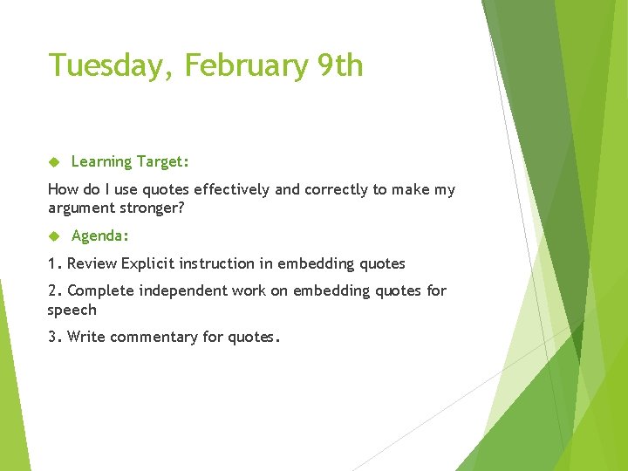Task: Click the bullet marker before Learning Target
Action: (x=53, y=162)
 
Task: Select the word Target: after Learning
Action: (x=163, y=161)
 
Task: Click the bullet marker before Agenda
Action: (x=53, y=236)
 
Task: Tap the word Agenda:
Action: (x=100, y=235)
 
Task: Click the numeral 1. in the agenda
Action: (x=54, y=263)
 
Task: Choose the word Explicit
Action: (x=150, y=263)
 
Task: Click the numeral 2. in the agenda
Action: (x=54, y=290)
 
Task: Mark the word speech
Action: (x=72, y=311)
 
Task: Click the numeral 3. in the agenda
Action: (x=54, y=337)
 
